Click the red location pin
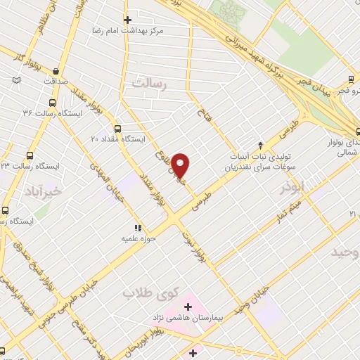pos(181,165)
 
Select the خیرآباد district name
pos(43,191)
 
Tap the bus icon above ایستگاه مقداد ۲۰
pos(117,129)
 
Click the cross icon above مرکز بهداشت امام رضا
pos(127,20)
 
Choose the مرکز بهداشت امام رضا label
pos(131,32)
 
